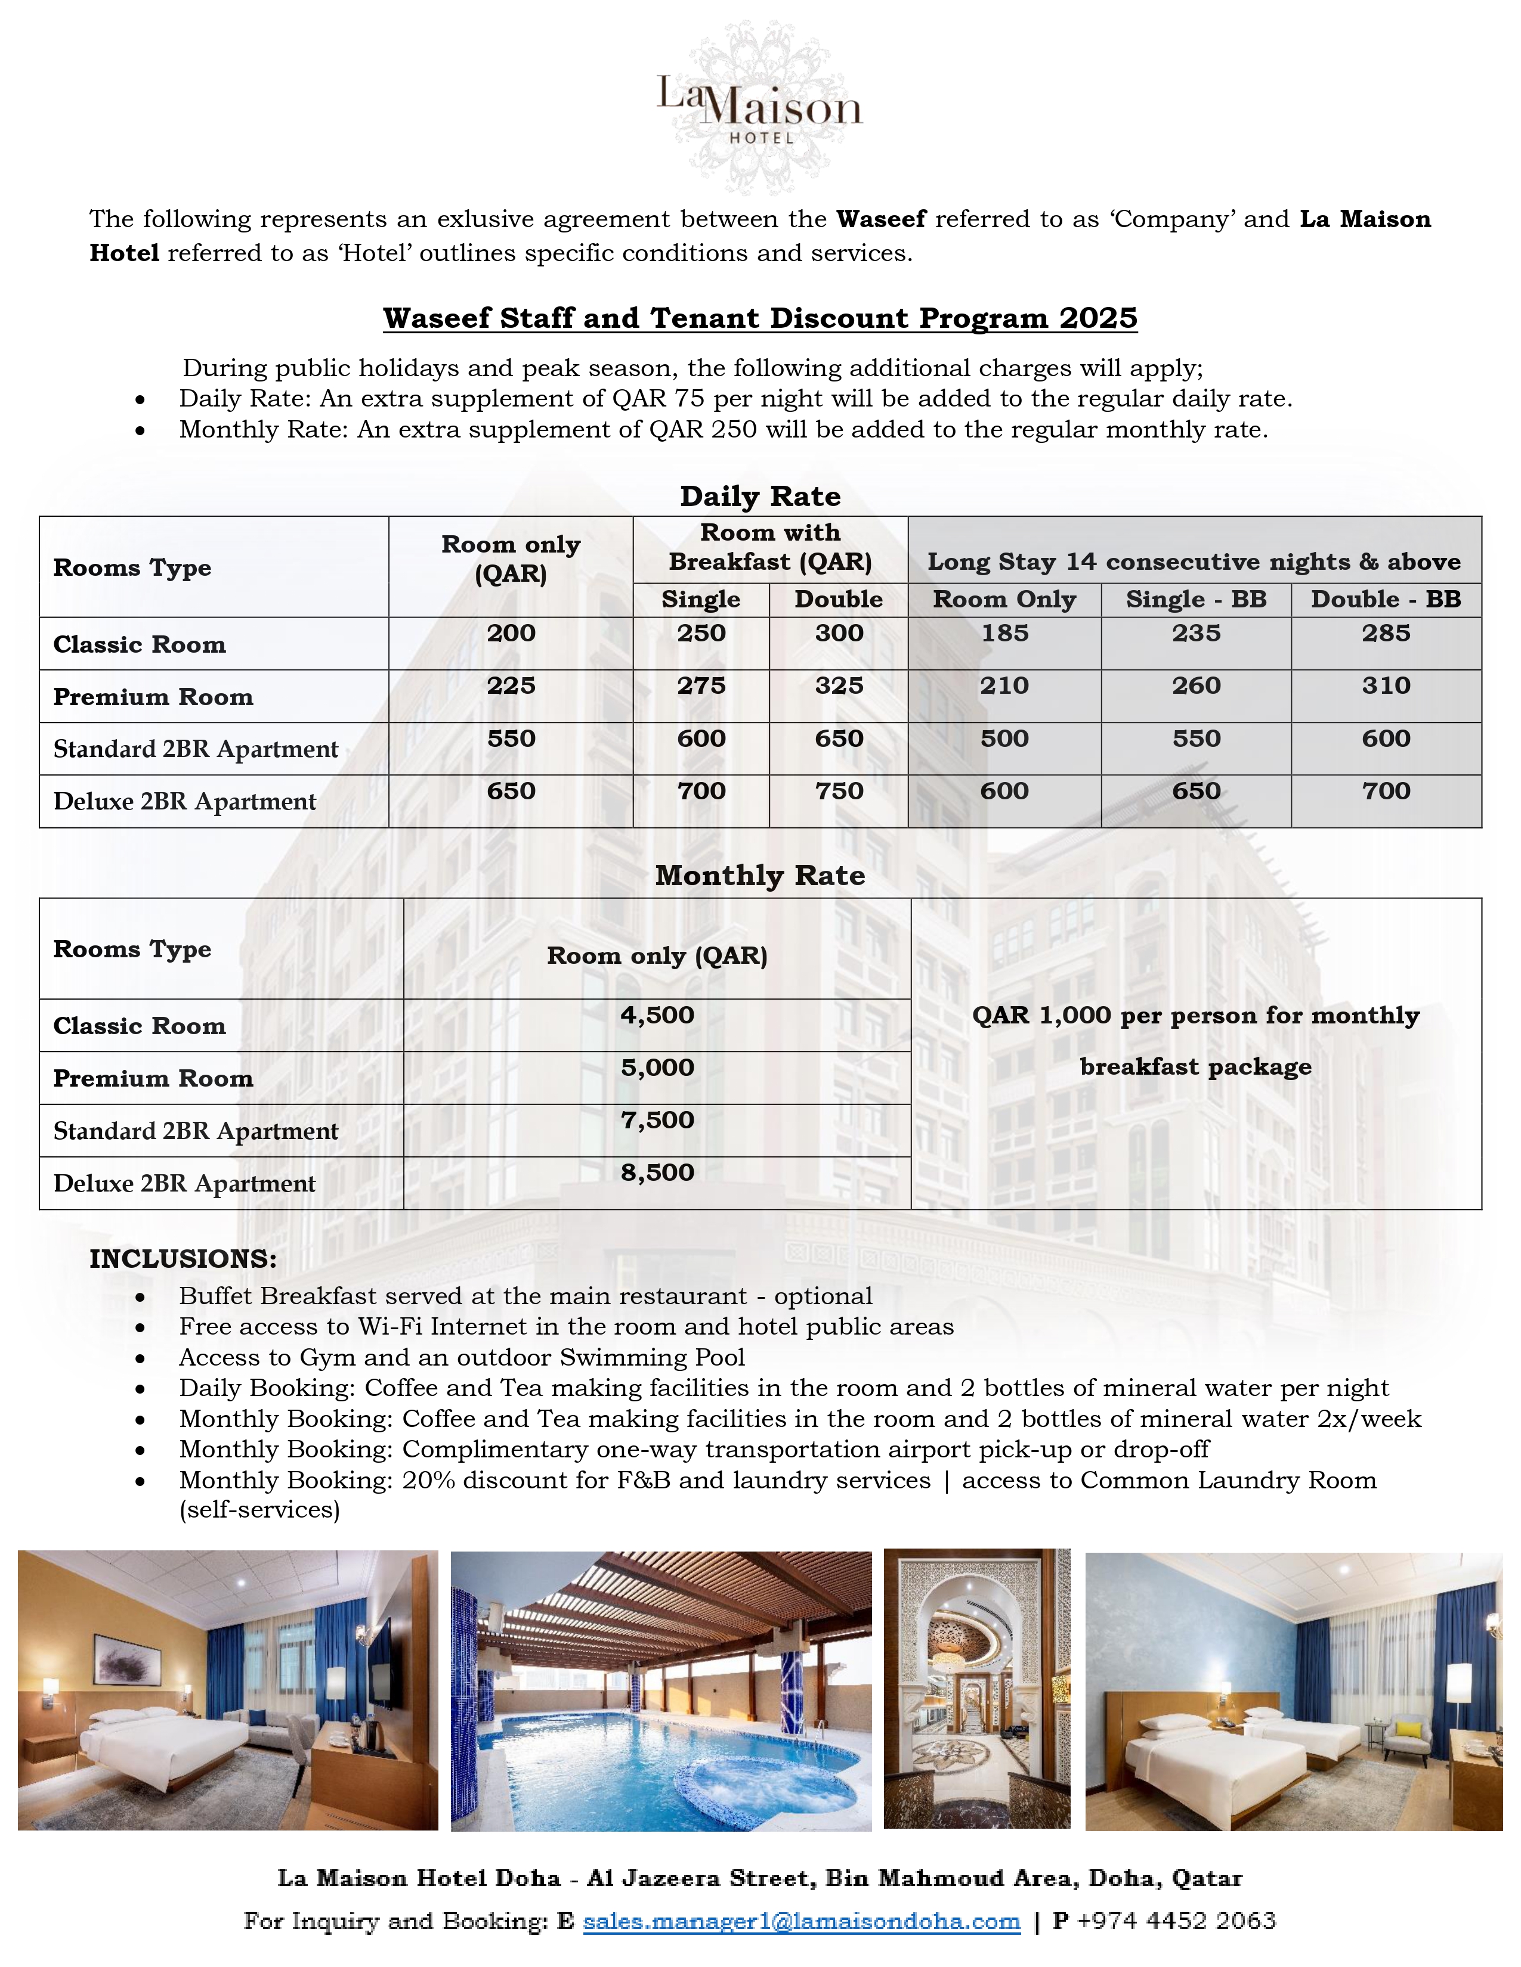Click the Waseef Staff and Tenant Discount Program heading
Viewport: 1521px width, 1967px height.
click(759, 318)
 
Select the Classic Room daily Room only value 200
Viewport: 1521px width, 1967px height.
click(511, 633)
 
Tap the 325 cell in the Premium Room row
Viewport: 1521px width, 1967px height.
click(839, 686)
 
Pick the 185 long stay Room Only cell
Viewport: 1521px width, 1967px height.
click(1004, 633)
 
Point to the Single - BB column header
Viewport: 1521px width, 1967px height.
click(1196, 600)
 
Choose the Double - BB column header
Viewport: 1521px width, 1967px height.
click(1385, 600)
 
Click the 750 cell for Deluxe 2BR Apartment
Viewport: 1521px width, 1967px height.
click(839, 792)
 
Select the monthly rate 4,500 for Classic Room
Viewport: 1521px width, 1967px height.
click(657, 1015)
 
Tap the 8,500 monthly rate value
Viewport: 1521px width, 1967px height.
click(657, 1172)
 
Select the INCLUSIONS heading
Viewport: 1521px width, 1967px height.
click(183, 1259)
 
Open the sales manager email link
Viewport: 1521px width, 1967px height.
click(801, 1922)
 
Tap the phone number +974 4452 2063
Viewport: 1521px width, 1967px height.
click(1176, 1922)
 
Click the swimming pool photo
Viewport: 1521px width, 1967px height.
click(660, 1690)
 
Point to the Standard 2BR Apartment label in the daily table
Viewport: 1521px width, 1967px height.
click(196, 749)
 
